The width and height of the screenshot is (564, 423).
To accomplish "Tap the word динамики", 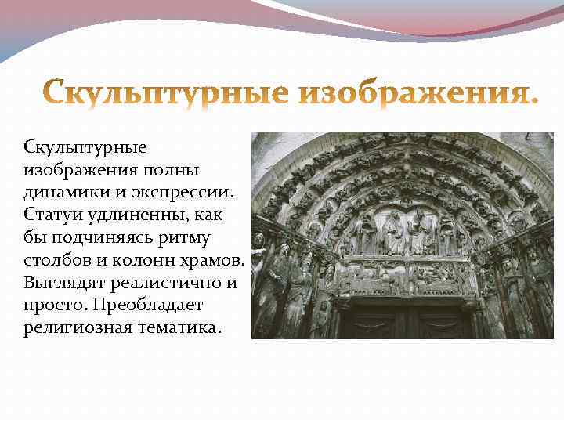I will (x=62, y=191).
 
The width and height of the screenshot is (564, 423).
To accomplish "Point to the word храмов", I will (x=211, y=259).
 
